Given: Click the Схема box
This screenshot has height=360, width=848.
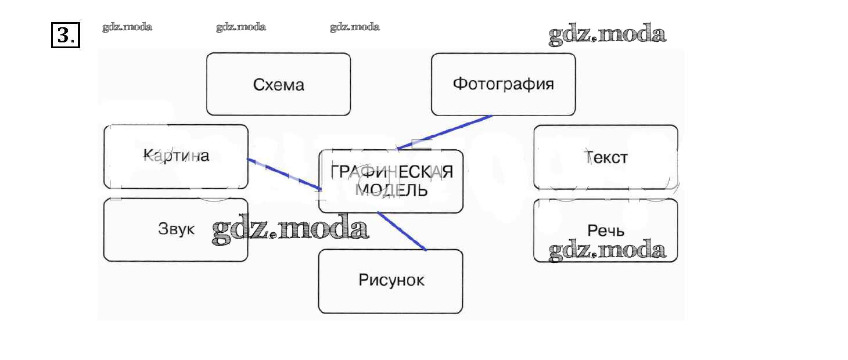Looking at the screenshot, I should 278,85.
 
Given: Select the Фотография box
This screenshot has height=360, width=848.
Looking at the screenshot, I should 503,84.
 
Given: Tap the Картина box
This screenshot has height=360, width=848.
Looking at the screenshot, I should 175,156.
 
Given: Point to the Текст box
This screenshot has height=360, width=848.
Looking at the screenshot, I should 605,157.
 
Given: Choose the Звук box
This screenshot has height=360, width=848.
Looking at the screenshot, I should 175,229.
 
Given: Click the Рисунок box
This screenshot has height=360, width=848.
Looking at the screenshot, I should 390,281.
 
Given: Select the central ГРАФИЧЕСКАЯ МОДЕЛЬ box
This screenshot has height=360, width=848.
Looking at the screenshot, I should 390,181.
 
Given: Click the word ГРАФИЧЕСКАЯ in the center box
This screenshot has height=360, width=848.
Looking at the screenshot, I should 391,172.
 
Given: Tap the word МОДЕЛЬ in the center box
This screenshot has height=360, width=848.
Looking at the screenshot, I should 391,190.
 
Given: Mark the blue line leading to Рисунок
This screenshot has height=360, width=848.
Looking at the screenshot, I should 402,231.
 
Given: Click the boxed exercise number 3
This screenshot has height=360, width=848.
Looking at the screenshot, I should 65,35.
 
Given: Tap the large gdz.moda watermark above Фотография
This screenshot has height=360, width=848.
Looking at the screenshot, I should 607,35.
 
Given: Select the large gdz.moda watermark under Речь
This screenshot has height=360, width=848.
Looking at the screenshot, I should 607,250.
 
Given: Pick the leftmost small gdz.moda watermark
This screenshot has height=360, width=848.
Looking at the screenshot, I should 127,27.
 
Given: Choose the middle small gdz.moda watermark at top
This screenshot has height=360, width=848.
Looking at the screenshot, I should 241,27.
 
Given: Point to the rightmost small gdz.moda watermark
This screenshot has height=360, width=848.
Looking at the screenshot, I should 355,27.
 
